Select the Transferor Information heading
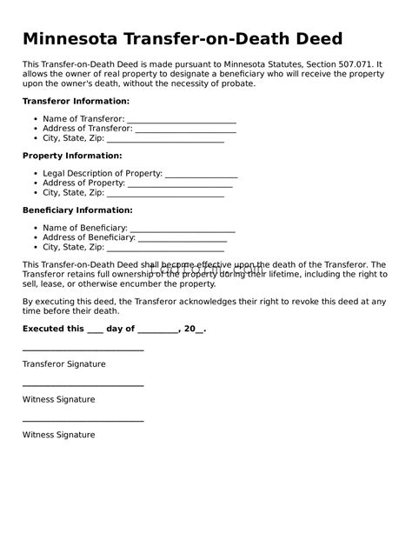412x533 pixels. tap(76, 102)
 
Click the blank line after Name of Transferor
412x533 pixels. tap(182, 118)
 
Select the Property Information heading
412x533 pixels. tap(71, 156)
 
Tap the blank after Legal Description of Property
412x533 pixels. tap(201, 173)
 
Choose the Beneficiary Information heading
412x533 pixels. tap(77, 210)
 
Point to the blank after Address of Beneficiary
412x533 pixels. tap(183, 237)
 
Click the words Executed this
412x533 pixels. tap(53, 329)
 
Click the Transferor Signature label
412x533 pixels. tap(63, 364)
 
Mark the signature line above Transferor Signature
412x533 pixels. tap(83, 350)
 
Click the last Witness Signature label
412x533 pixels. tap(58, 435)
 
